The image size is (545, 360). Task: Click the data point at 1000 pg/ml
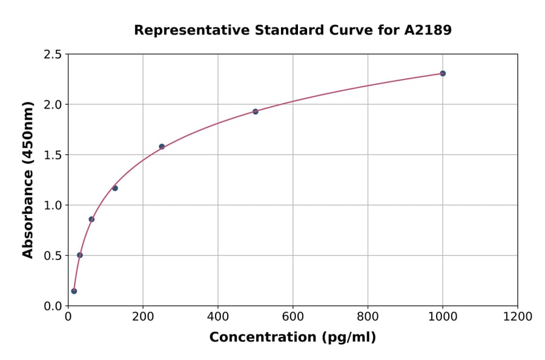point(443,73)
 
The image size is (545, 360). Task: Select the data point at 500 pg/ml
point(256,112)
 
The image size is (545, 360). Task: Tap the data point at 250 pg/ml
point(162,147)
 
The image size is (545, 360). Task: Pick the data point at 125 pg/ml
point(115,188)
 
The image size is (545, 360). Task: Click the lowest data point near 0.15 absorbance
point(74,291)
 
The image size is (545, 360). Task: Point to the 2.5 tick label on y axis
point(53,55)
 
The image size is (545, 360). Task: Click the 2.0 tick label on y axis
point(53,105)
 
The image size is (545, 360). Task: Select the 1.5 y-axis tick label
point(53,155)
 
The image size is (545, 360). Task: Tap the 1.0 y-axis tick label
point(53,205)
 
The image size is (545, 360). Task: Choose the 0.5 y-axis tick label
point(53,256)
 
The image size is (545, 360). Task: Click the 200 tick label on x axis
point(143,316)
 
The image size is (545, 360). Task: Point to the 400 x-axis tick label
point(218,316)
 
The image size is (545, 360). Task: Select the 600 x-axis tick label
point(293,316)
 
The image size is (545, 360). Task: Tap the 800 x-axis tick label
point(368,316)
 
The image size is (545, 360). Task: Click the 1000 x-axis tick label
point(443,316)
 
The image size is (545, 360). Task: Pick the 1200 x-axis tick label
point(518,316)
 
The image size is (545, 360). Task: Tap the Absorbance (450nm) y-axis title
point(28,180)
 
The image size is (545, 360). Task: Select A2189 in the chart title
point(428,30)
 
